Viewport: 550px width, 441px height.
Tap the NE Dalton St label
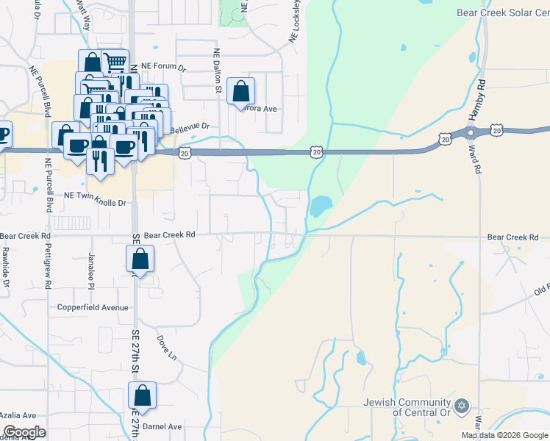tap(217, 71)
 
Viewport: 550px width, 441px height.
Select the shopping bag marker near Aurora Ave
tap(240, 92)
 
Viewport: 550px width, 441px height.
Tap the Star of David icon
tap(462, 406)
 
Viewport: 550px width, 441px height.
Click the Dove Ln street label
tap(167, 348)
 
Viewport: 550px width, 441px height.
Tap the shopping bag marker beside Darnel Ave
tap(143, 395)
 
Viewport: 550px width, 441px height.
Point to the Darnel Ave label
tap(162, 426)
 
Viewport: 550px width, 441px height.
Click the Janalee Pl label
tap(92, 270)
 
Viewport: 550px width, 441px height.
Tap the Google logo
tap(24, 432)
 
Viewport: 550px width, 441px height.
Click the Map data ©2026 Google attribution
tap(504, 435)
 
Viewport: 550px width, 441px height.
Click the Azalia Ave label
tap(18, 415)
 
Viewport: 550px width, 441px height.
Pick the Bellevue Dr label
tap(190, 128)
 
